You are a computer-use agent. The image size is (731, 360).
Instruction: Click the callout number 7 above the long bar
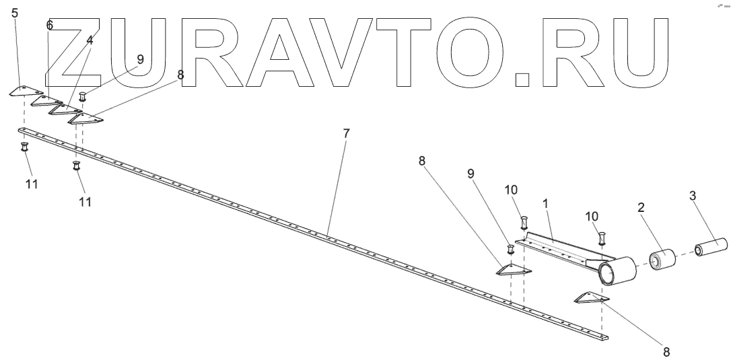[346, 133]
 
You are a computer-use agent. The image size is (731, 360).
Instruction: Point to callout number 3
[693, 196]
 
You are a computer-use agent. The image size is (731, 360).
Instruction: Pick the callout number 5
[15, 12]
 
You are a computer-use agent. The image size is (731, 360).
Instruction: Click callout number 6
[49, 25]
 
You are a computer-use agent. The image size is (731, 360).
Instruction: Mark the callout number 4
[90, 40]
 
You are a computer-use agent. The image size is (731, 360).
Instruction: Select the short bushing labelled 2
[662, 260]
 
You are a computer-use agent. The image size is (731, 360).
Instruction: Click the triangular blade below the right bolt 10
[591, 297]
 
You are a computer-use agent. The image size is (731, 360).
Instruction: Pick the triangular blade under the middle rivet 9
[513, 271]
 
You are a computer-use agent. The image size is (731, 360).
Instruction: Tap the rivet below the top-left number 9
[82, 96]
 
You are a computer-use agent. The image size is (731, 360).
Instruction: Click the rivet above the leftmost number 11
[24, 147]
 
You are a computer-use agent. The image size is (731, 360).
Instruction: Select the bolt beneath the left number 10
[524, 221]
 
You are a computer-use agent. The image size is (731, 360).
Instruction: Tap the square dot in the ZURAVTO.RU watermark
[522, 80]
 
